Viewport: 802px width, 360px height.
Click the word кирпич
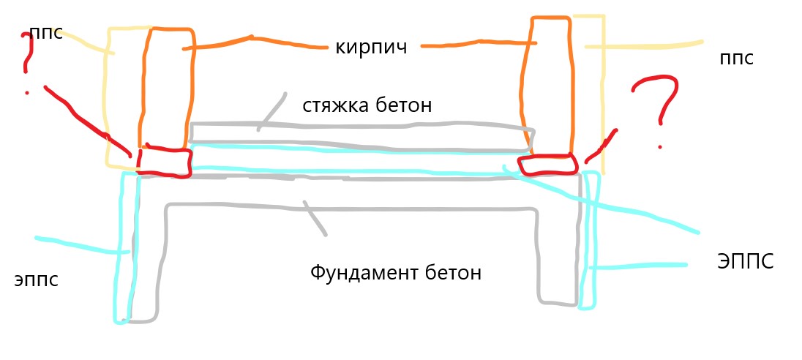(371, 48)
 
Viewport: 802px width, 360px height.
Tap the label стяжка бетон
(367, 105)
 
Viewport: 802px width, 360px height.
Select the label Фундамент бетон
(396, 272)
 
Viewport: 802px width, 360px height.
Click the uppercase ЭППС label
(746, 261)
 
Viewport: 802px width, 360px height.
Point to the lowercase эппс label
(37, 280)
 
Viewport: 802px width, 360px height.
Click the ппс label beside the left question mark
(47, 33)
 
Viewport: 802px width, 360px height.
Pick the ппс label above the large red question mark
(737, 59)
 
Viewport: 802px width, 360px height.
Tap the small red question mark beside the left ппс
(27, 61)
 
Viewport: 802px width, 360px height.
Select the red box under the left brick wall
(165, 161)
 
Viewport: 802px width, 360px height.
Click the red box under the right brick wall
(547, 165)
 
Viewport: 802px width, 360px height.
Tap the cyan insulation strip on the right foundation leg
(589, 240)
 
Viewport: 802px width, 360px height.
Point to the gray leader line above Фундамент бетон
(315, 218)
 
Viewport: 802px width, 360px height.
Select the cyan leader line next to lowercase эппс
(82, 244)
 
